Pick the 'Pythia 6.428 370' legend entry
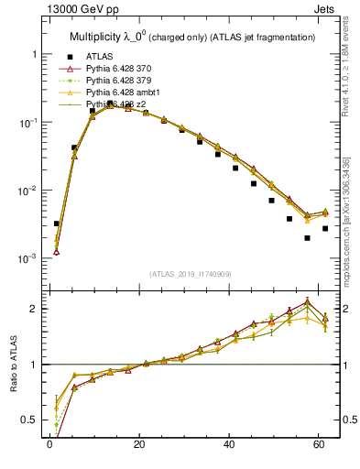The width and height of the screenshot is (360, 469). coord(122,68)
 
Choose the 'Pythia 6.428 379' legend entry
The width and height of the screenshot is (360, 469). coord(122,81)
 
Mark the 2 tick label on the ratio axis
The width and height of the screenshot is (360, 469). coord(35,309)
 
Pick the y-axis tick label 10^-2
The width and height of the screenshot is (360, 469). coord(27,191)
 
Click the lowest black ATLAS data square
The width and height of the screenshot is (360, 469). coord(307,238)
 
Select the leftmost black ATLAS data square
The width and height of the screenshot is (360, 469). coord(57,224)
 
